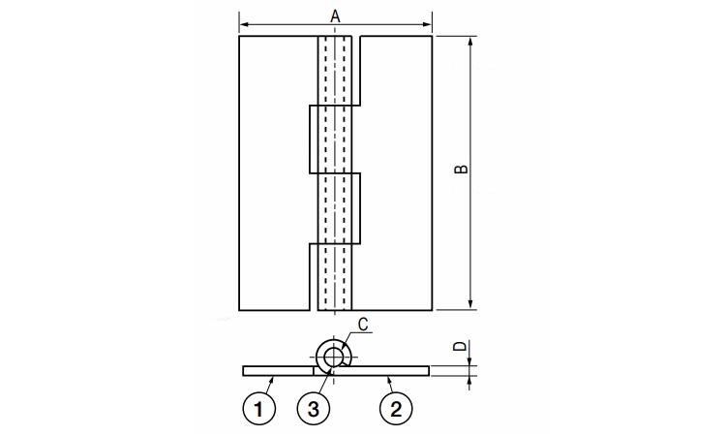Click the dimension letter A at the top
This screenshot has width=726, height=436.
click(335, 16)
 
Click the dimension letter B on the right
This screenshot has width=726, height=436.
click(461, 169)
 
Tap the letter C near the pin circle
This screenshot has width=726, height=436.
click(363, 325)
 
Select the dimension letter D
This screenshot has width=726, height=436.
click(460, 346)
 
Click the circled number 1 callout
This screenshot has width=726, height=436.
click(258, 409)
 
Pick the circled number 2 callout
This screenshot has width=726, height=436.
click(396, 409)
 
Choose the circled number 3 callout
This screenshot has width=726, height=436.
click(314, 409)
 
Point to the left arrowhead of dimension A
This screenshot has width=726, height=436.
click(245, 24)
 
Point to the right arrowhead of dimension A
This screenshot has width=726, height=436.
click(427, 24)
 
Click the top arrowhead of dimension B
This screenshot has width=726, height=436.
click(470, 42)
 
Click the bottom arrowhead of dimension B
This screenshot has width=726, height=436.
click(470, 304)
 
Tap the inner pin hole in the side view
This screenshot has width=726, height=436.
click(332, 358)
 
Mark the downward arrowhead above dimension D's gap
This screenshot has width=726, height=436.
click(469, 361)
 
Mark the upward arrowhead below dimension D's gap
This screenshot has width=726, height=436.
click(469, 380)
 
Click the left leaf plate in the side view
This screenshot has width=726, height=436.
click(278, 371)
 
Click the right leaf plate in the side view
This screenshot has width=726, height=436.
click(380, 371)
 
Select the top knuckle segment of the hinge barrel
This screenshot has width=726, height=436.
click(335, 71)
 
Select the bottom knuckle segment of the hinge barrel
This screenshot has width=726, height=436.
click(335, 276)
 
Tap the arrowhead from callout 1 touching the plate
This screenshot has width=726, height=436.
click(273, 379)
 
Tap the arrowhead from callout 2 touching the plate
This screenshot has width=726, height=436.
click(389, 379)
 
